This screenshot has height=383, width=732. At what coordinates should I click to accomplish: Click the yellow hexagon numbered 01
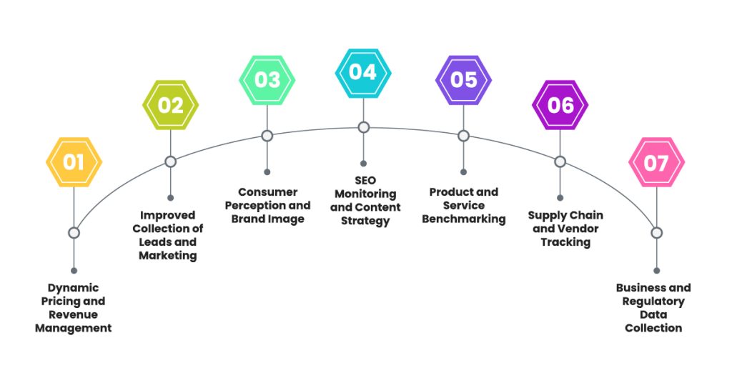click(74, 162)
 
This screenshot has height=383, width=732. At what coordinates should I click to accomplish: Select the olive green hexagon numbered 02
click(170, 105)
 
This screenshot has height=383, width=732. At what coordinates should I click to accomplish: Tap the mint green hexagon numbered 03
click(267, 78)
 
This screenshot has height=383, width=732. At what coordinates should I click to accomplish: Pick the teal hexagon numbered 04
click(363, 72)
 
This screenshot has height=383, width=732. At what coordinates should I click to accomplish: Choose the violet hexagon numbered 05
click(463, 79)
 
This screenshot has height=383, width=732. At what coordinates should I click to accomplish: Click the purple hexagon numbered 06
click(560, 105)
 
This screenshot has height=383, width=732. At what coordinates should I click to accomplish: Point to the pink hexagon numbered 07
click(656, 162)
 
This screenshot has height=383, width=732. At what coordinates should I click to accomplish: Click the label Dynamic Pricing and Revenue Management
click(74, 308)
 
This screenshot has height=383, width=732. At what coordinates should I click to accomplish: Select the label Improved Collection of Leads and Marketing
click(170, 235)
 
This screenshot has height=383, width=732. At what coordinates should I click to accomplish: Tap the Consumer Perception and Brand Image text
click(267, 205)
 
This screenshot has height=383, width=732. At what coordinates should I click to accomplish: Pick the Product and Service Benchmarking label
click(463, 205)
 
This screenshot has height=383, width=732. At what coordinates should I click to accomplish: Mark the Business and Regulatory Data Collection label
click(653, 308)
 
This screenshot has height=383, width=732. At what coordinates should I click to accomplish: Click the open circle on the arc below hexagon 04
click(363, 127)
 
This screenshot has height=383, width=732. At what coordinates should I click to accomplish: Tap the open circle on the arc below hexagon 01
click(74, 233)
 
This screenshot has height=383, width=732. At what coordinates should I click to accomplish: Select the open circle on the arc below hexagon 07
click(656, 233)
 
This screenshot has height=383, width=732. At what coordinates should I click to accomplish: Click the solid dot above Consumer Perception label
click(267, 172)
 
